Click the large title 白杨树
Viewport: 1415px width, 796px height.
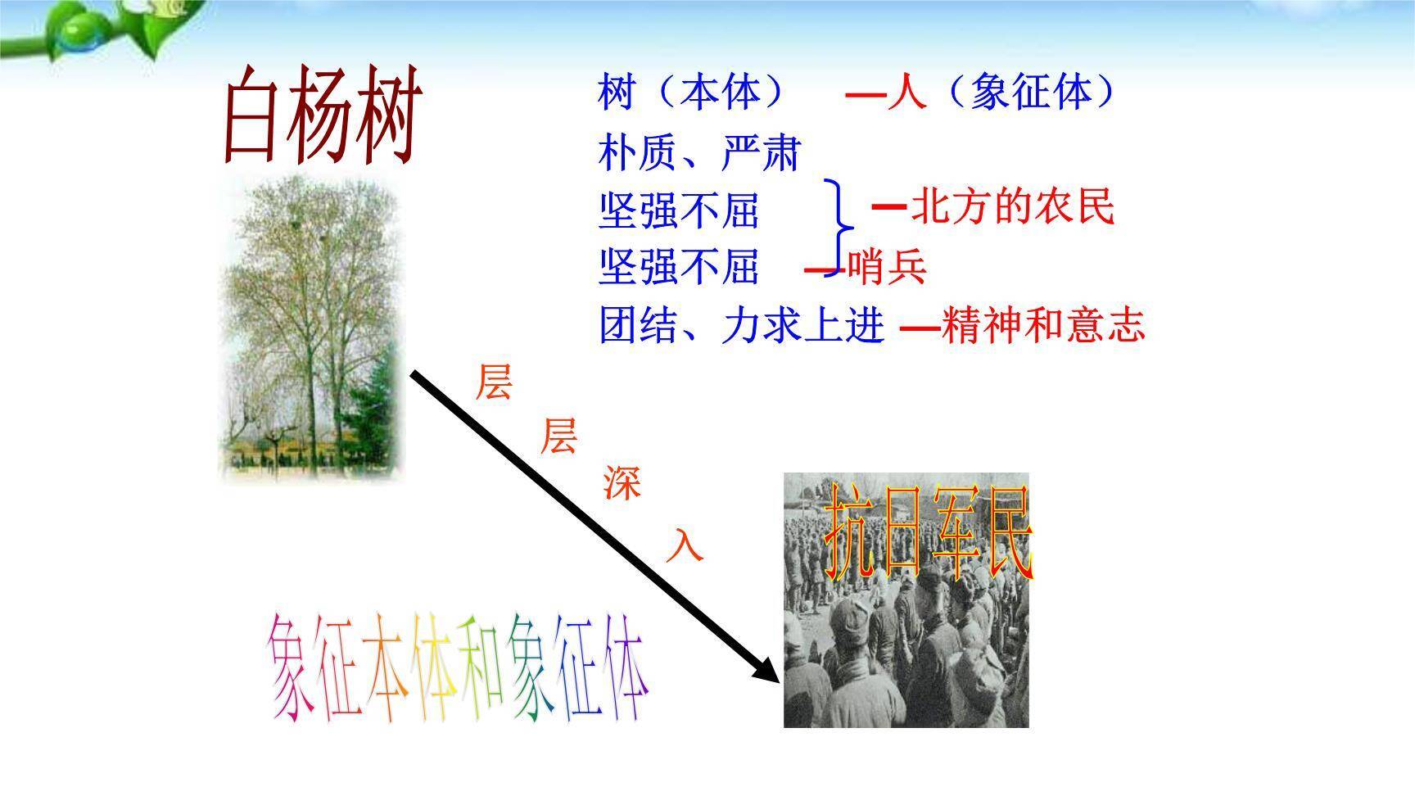pos(322,115)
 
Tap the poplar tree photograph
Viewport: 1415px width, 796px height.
pos(311,328)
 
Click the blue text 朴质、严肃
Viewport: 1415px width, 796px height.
pos(698,152)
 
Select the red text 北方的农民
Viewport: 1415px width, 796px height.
pos(1012,206)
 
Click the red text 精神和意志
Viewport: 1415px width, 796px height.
pos(1043,325)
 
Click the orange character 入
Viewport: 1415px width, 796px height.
pos(685,544)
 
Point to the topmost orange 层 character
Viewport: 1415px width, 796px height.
pos(494,383)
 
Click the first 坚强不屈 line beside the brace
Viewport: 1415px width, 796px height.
pos(679,210)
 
